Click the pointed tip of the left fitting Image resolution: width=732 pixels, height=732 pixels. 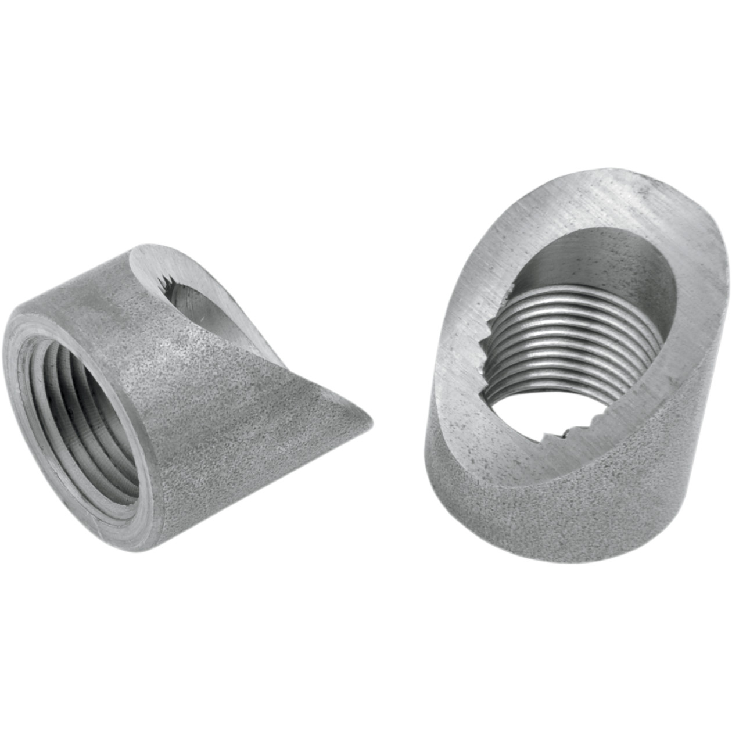pos(367,421)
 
